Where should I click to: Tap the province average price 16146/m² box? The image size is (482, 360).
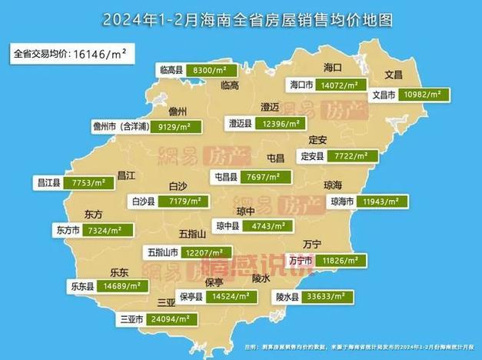pyautogui.click(x=70, y=54)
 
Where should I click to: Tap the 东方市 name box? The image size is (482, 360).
pyautogui.click(x=69, y=230)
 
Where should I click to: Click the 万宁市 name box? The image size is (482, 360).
pyautogui.click(x=299, y=261)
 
